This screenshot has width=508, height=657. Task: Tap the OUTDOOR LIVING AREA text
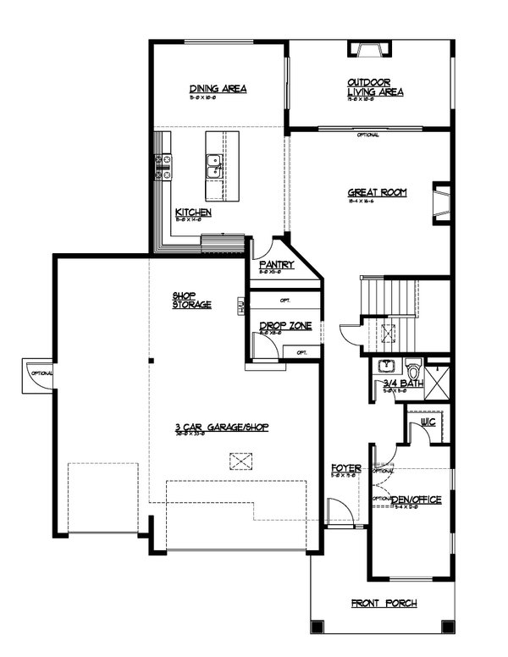374,87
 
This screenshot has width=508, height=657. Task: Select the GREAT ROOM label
377,192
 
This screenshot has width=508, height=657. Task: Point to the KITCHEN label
193,213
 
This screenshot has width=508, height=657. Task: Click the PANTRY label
277,265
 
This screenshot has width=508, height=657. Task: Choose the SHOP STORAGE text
191,300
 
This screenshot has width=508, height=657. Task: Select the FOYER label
346,467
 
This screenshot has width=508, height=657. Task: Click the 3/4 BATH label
397,384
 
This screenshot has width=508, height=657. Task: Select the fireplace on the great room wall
440,202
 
